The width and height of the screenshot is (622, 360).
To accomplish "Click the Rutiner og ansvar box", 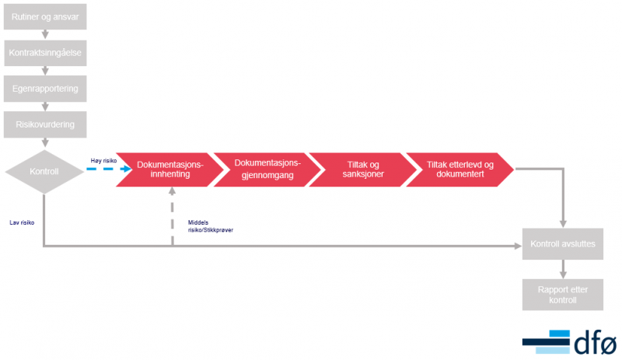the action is coord(45,16).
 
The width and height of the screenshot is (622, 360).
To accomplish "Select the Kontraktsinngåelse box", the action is coord(45,53).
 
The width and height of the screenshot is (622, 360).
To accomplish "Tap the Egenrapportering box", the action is coord(45,89).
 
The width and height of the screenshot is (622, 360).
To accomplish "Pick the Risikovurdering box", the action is coord(45,124).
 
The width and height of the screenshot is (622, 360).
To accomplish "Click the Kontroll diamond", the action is coord(44,172).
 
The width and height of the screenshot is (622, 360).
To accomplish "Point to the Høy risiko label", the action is coord(103,161).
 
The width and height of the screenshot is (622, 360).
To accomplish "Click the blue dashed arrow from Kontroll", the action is coord(109,169).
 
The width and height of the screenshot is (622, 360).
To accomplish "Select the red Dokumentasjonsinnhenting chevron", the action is coord(169,170).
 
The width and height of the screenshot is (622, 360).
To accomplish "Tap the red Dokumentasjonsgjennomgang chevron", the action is coord(267,170).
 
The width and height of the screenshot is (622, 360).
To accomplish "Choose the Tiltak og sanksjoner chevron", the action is coord(363,170).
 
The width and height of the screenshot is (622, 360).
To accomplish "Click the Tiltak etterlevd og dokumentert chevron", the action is coord(460,170).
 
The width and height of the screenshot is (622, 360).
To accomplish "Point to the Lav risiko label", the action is coord(22,222).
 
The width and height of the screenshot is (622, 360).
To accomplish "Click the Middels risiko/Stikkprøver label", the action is coord(211,226).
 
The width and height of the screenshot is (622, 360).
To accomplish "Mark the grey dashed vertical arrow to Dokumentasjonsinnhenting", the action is coord(172,216).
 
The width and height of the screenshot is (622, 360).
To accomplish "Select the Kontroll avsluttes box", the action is coord(562,243).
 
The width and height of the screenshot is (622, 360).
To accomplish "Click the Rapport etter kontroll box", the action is coord(562,295).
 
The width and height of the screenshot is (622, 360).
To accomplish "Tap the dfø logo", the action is coord(570,342).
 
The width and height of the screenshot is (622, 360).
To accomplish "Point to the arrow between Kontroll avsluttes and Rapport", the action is coord(563,269).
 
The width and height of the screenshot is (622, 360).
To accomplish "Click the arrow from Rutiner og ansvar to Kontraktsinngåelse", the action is coord(45,34).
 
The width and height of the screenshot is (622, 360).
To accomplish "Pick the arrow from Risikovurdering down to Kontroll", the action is coord(45,142).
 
